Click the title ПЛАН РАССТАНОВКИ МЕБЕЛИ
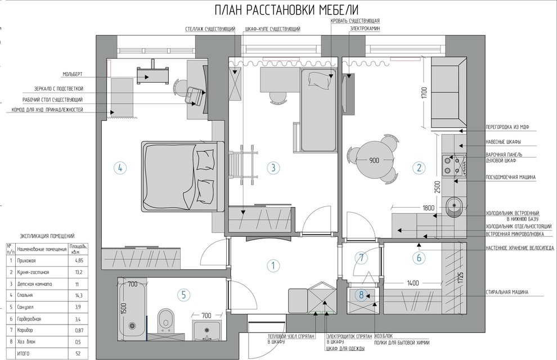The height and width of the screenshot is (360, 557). (287, 10)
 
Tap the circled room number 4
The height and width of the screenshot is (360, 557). (120, 168)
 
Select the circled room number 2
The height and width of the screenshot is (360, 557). (419, 168)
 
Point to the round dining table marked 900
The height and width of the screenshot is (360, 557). (375, 160)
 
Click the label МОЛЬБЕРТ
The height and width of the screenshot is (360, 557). (73, 74)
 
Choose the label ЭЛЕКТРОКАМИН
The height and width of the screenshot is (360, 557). (365, 28)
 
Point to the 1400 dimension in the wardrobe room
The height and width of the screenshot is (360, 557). (413, 283)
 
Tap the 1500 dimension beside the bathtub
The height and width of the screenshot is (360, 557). (123, 308)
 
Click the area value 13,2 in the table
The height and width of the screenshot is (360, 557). (79, 272)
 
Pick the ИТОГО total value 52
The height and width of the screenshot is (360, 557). (78, 354)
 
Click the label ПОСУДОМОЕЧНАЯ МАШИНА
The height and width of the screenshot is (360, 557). (511, 177)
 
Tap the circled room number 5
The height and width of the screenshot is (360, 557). (183, 294)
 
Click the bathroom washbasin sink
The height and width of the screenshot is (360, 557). (207, 331)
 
